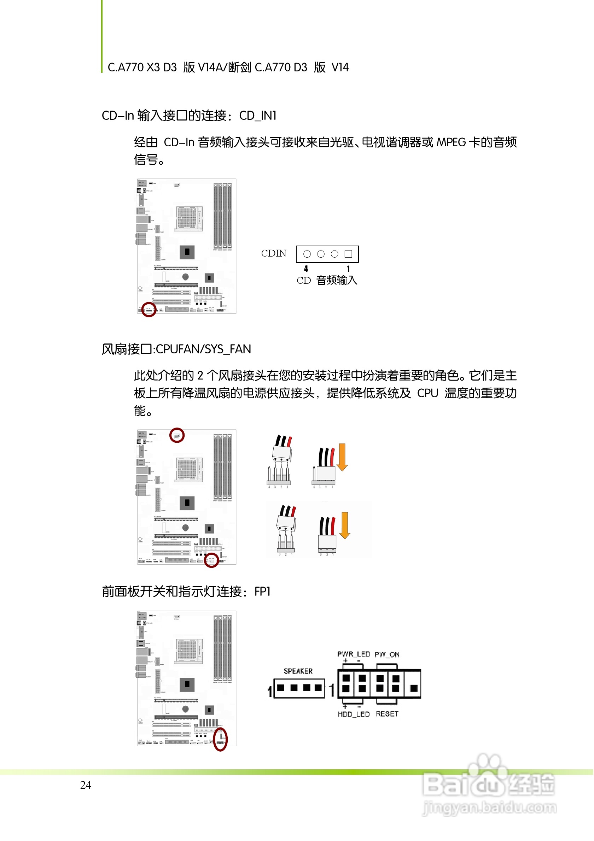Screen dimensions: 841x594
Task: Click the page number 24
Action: pyautogui.click(x=86, y=785)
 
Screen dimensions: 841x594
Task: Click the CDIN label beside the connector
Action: pyautogui.click(x=274, y=253)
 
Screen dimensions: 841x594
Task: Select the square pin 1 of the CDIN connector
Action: pyautogui.click(x=349, y=254)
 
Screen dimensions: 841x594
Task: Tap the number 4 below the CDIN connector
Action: pyautogui.click(x=306, y=269)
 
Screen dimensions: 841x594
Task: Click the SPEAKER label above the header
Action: pyautogui.click(x=298, y=671)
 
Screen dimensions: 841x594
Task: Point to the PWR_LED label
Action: pyautogui.click(x=354, y=654)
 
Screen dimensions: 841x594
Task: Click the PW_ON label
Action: pyautogui.click(x=387, y=654)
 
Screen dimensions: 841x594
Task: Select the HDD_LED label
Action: pyautogui.click(x=354, y=714)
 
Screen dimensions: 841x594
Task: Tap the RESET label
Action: pyautogui.click(x=387, y=714)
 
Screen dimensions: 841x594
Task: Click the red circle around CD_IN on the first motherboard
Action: pyautogui.click(x=149, y=310)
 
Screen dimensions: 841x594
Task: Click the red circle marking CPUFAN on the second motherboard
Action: pyautogui.click(x=177, y=435)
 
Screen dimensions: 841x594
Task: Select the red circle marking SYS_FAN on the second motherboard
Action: pyautogui.click(x=211, y=560)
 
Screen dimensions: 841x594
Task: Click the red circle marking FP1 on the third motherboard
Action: pyautogui.click(x=220, y=740)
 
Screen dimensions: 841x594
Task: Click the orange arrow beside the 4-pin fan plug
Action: pyautogui.click(x=342, y=457)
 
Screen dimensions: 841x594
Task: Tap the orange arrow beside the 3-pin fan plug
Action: pyautogui.click(x=344, y=526)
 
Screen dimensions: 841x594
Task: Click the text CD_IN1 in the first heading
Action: pyautogui.click(x=258, y=116)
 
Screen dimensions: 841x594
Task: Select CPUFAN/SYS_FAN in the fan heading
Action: pyautogui.click(x=203, y=349)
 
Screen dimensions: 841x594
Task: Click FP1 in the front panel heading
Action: pyautogui.click(x=262, y=592)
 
